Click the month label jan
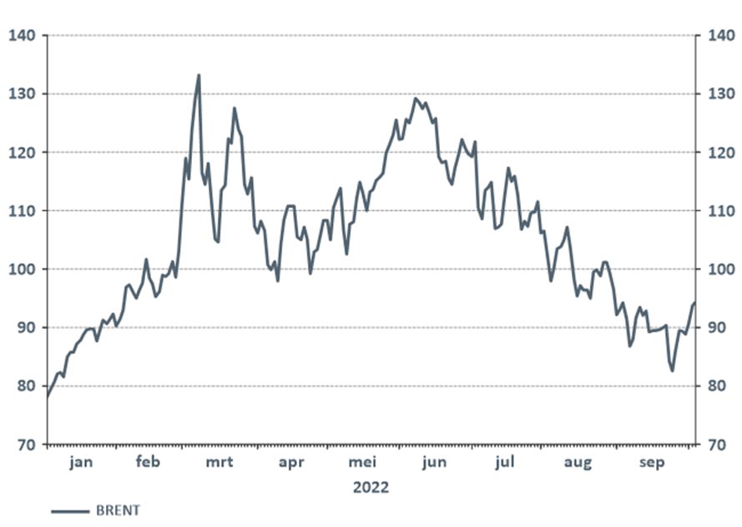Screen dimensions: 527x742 (81, 463)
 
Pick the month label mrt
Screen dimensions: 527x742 (220, 463)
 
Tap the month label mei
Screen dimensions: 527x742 (363, 463)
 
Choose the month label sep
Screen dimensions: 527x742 (652, 463)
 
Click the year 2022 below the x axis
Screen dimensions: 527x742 (371, 487)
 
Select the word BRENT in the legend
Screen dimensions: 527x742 (119, 510)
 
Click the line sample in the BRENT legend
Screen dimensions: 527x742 (70, 510)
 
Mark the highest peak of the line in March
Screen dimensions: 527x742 (199, 75)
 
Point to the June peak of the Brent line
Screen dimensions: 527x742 (416, 99)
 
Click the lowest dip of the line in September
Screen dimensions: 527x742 (673, 370)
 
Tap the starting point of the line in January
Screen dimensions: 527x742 (48, 398)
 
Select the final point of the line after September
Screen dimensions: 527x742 (694, 302)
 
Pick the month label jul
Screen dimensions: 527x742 (506, 463)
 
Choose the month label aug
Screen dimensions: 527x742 (578, 463)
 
